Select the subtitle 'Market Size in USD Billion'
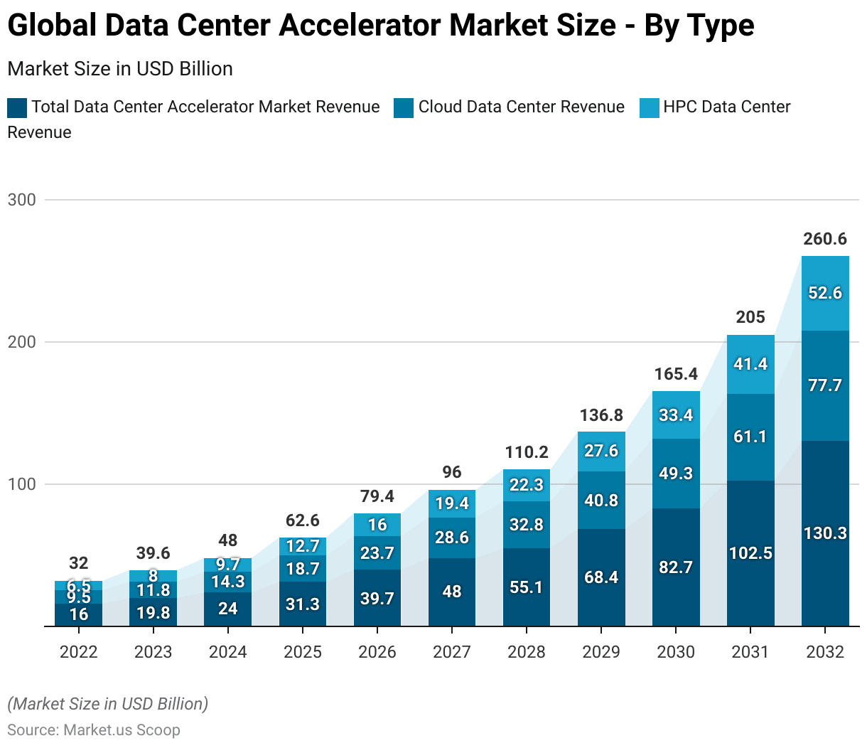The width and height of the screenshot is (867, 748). tap(120, 69)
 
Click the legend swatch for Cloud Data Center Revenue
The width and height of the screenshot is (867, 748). tap(404, 108)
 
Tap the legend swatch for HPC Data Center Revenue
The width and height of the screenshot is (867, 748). tap(650, 108)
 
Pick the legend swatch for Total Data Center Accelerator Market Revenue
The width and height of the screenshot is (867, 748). tap(17, 108)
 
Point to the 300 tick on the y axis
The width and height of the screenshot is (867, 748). tap(22, 200)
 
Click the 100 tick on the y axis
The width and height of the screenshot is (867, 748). tap(22, 484)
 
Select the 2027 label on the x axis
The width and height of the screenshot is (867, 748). tap(452, 652)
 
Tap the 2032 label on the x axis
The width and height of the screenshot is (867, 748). tap(825, 652)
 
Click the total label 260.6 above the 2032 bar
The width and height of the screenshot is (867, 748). tap(825, 239)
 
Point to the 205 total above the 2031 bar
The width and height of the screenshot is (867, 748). tap(750, 317)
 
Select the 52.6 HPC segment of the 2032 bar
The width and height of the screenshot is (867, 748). tap(825, 293)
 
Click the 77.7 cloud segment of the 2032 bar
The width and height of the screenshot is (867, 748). tap(825, 385)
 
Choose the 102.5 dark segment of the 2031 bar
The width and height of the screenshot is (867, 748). tap(750, 553)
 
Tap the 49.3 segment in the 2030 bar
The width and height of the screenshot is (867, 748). tap(676, 474)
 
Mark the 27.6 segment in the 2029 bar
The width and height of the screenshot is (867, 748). tap(601, 451)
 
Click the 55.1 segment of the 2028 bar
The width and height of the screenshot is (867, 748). tap(527, 587)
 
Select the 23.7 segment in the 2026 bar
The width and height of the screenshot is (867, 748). tap(377, 553)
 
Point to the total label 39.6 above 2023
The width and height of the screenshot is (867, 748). tap(154, 553)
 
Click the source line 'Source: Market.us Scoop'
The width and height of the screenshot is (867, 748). tap(94, 730)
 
